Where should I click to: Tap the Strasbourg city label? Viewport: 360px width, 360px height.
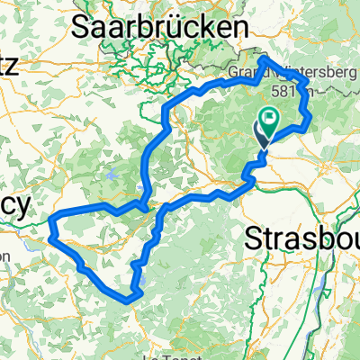pyautogui.click(x=302, y=241)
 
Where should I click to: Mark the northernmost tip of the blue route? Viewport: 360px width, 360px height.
pyautogui.click(x=265, y=58)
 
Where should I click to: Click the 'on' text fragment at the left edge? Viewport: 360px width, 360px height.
pyautogui.click(x=5, y=256)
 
